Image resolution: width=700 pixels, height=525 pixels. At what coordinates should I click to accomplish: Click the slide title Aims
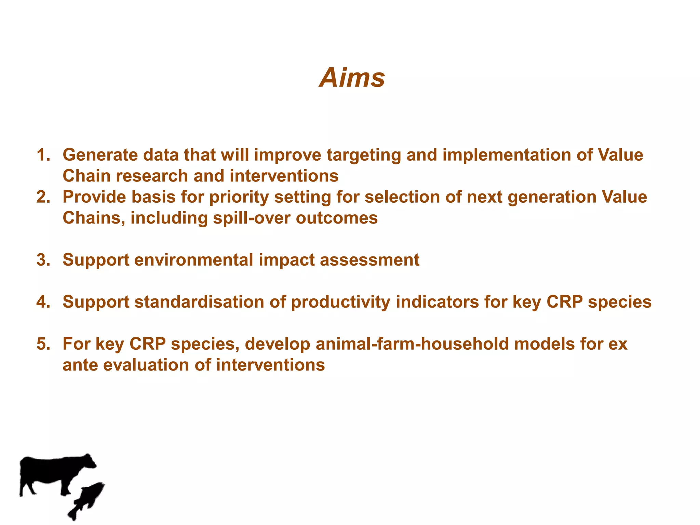[352, 78]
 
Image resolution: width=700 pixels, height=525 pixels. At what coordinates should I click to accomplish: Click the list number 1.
[43, 155]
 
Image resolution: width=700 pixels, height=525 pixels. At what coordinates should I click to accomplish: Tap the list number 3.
[43, 260]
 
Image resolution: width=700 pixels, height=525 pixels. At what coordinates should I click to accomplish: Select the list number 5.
[43, 344]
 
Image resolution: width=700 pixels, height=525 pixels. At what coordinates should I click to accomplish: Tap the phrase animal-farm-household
[412, 344]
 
